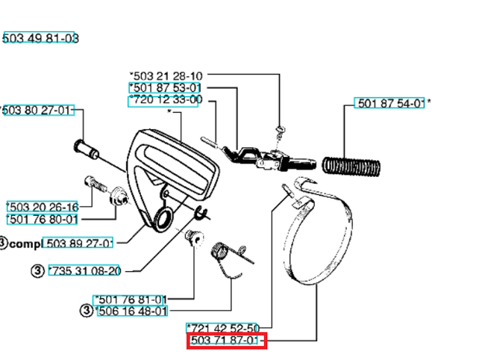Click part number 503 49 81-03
point(40,38)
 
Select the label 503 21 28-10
point(166,75)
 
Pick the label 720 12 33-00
point(165,99)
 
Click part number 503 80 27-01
point(38,111)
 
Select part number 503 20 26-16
point(43,207)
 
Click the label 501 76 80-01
point(43,219)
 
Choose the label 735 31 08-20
point(84,271)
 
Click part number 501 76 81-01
point(131,299)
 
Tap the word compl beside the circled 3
point(24,243)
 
